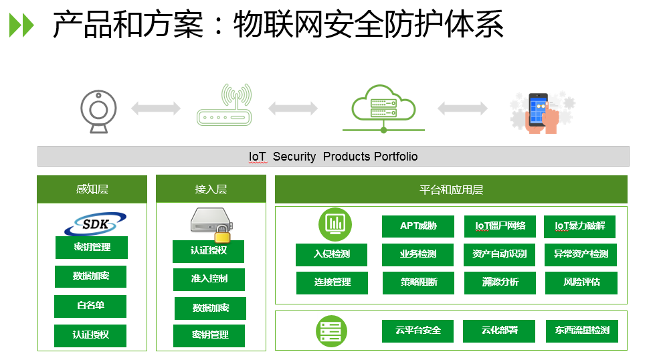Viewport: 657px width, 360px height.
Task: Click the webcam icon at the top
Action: click(98, 108)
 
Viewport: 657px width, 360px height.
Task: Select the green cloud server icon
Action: click(383, 107)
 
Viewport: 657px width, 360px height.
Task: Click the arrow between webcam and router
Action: click(155, 108)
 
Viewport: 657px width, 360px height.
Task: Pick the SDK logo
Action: click(95, 223)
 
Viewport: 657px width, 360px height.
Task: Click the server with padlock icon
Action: click(211, 223)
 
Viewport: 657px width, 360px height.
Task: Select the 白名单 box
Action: click(90, 306)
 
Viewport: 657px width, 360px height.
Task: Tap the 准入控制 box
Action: click(209, 279)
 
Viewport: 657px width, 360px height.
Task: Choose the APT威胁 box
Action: click(418, 226)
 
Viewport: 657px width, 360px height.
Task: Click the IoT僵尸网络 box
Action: click(500, 226)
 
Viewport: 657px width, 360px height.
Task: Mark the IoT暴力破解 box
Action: click(579, 226)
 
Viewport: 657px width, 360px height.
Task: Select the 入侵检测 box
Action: click(332, 254)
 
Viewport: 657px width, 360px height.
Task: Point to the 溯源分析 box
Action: click(500, 282)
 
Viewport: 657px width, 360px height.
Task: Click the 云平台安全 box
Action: click(418, 331)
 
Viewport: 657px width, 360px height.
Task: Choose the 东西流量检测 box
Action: click(581, 331)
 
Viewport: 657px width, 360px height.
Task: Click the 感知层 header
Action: click(92, 189)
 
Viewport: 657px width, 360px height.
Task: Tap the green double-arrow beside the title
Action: click(21, 25)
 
